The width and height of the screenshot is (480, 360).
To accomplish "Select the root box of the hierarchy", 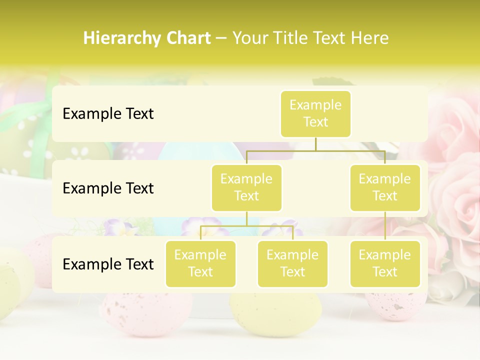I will pos(315,113).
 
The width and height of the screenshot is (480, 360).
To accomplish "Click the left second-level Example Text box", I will pos(246,187).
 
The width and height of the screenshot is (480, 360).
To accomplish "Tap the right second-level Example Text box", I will pos(385,187).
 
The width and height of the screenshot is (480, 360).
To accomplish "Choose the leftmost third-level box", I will pos(200,263).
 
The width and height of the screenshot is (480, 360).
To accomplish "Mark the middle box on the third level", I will pos(292,263).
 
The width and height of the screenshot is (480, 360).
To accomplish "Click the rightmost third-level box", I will pos(385,263).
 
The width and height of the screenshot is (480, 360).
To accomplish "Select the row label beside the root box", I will pos(108,113).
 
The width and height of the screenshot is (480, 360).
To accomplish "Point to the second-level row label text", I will pos(108,188).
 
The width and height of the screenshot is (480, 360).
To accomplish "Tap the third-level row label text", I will pos(108,264).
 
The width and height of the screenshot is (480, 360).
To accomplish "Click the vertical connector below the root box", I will pos(315,144).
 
